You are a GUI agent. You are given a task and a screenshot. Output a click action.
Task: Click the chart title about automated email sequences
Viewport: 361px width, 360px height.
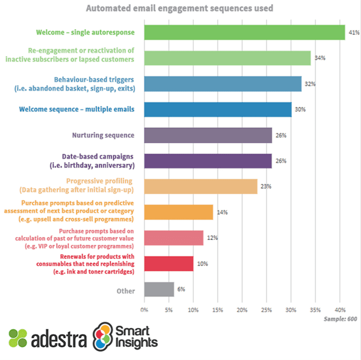coord(180,8)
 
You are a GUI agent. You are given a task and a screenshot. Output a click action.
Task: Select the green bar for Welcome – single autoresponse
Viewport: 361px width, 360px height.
coord(244,32)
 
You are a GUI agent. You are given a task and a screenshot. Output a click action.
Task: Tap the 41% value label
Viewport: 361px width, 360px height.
coord(353,32)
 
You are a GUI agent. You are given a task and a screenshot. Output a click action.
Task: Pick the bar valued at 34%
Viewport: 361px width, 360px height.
coord(227,58)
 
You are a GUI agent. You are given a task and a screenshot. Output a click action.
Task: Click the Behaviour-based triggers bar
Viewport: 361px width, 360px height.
coord(223,84)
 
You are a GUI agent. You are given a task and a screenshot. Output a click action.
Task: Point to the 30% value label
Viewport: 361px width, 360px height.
coord(300,110)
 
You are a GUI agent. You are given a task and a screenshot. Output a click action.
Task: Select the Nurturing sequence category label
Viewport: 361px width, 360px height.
coord(103,135)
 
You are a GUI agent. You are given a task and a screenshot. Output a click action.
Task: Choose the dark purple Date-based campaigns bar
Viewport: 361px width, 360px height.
coord(207,161)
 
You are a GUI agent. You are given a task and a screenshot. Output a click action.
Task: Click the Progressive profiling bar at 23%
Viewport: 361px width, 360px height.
coord(200,186)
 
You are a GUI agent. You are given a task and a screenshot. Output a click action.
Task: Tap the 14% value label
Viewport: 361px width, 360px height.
coord(222,212)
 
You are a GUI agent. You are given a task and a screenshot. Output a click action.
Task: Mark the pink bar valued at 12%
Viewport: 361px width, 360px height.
coord(173,237)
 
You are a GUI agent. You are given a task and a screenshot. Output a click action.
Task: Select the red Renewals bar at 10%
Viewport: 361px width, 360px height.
coord(169,263)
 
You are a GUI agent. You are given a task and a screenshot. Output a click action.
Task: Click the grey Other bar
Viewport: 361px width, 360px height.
coord(159,289)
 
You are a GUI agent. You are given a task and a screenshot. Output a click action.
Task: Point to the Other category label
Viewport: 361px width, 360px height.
coord(125,291)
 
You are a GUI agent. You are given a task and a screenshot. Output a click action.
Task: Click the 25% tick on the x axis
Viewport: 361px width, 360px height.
coord(266,310)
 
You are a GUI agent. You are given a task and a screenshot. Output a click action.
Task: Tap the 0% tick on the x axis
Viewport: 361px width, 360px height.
coord(144,310)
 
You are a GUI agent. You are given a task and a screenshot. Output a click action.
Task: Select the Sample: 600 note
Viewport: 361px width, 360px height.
coord(340,319)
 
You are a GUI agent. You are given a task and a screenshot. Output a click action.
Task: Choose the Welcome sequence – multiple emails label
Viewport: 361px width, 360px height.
coord(77,109)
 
